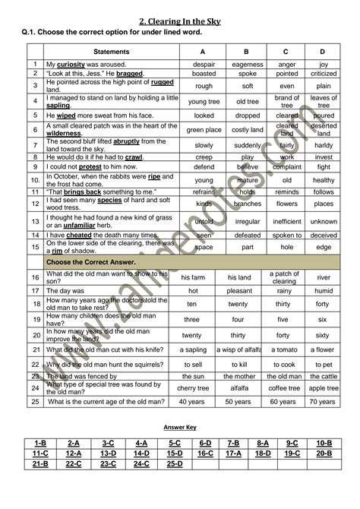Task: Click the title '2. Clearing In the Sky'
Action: click(x=179, y=21)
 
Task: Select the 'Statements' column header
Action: click(x=111, y=52)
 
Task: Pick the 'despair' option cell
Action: click(x=204, y=65)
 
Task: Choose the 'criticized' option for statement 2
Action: click(x=324, y=74)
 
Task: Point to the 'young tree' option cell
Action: click(x=204, y=102)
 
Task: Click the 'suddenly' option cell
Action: click(x=248, y=145)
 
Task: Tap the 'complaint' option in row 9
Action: click(x=288, y=166)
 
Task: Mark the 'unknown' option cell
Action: click(x=324, y=222)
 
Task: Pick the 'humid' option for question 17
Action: click(x=324, y=291)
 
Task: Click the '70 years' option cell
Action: click(x=324, y=401)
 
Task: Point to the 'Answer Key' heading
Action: click(x=180, y=427)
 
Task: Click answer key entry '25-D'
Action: click(x=175, y=463)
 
